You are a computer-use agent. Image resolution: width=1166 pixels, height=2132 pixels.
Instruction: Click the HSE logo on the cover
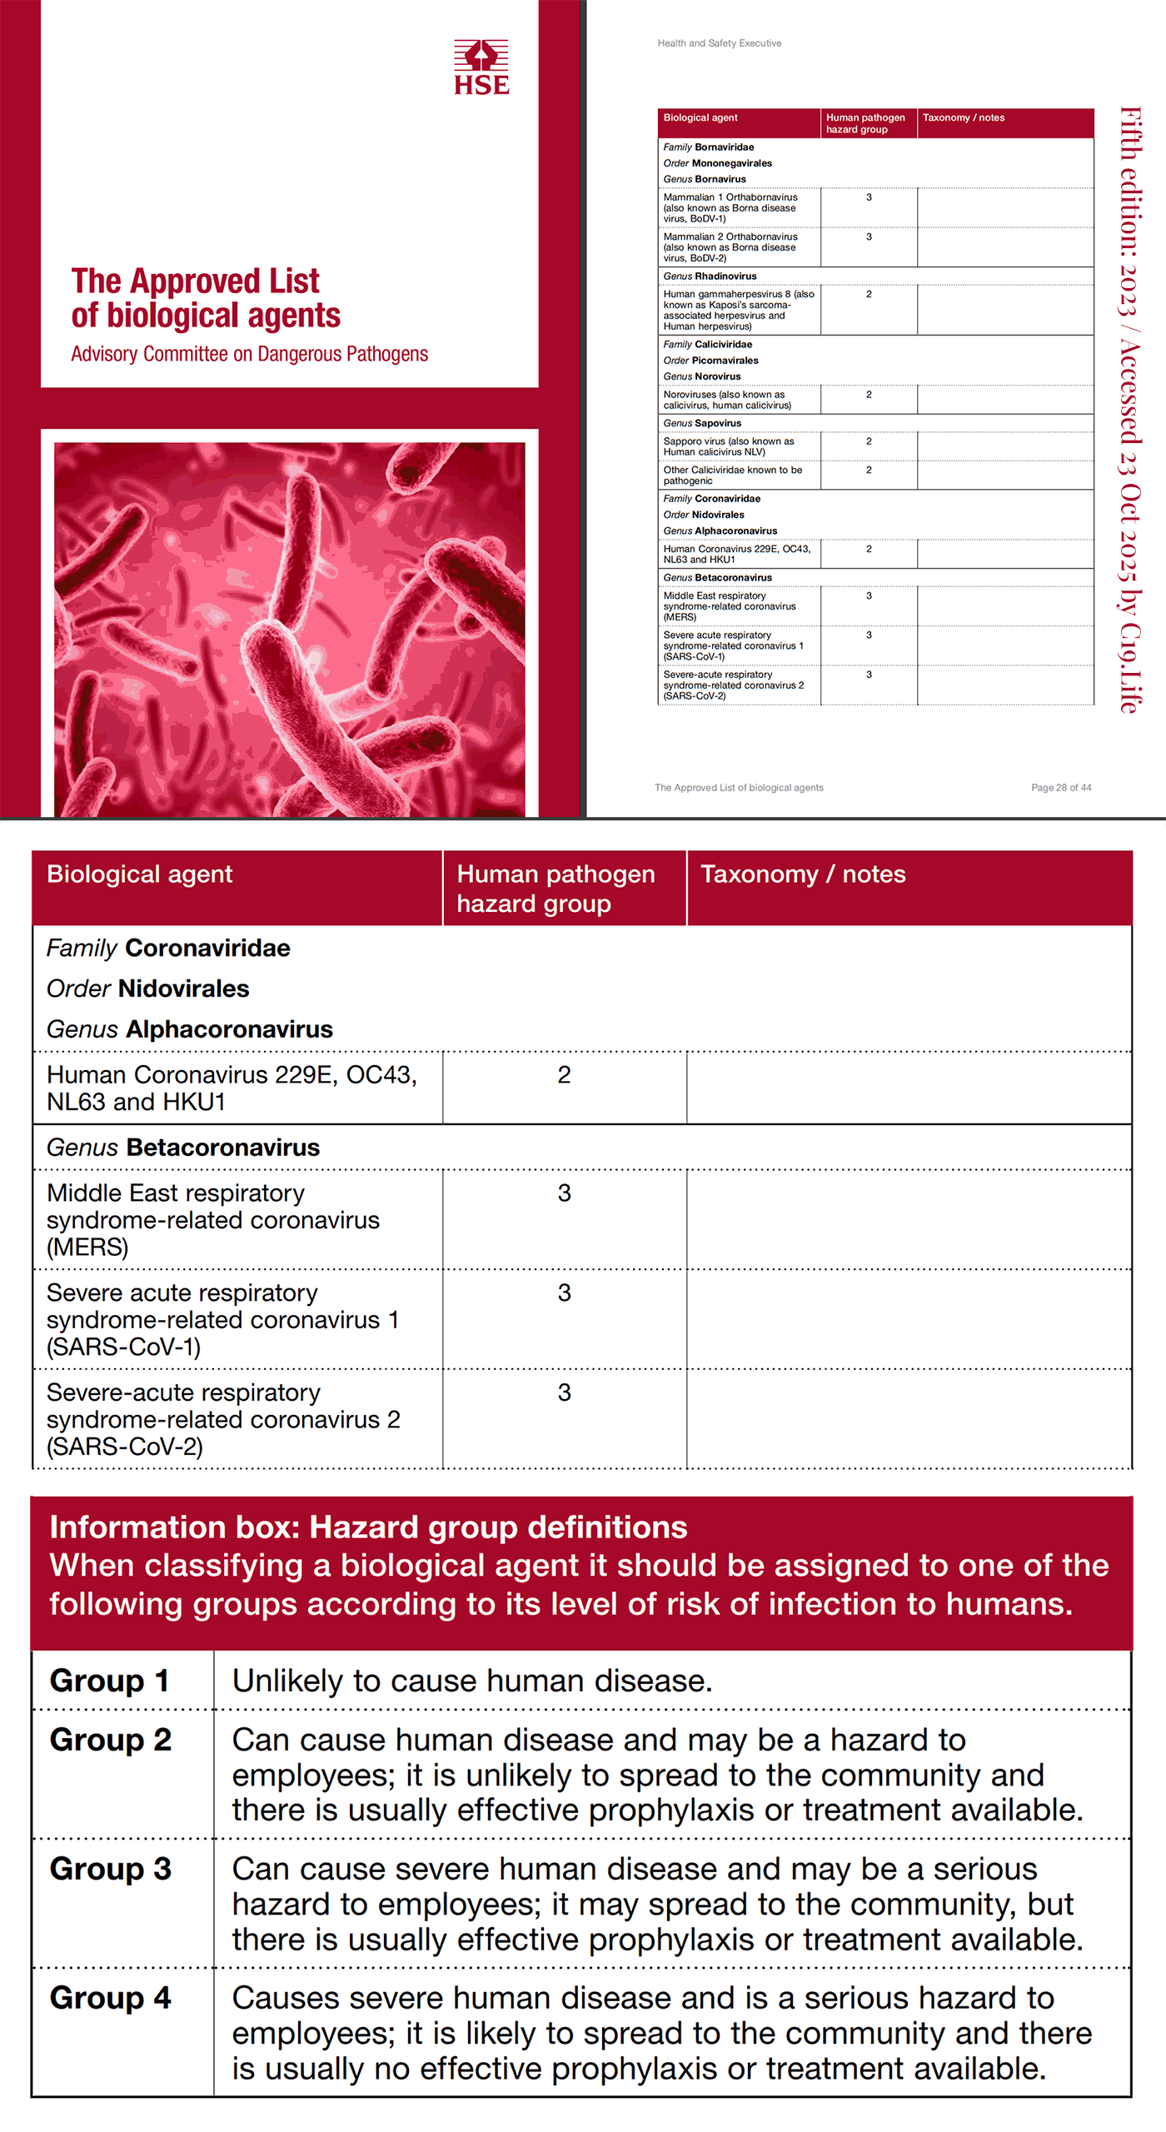(x=481, y=67)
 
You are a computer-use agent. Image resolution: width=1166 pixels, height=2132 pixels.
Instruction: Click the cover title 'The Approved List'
(x=195, y=281)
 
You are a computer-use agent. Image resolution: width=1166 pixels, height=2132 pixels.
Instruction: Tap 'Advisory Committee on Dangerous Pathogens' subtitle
(x=249, y=354)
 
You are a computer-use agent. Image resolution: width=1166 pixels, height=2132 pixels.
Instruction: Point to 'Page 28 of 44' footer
(x=1060, y=787)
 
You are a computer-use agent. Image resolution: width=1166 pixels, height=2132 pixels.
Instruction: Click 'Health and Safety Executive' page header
(x=719, y=43)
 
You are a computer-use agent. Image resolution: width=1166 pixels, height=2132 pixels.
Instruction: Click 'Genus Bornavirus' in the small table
(x=704, y=179)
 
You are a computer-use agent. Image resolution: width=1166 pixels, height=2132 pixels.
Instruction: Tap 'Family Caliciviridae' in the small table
(x=707, y=344)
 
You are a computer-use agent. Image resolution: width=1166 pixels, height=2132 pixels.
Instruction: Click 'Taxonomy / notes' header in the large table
(x=802, y=874)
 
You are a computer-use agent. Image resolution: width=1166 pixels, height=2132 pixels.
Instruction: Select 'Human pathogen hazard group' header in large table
(x=556, y=888)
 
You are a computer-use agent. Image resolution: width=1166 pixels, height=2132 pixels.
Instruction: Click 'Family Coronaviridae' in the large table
(x=168, y=948)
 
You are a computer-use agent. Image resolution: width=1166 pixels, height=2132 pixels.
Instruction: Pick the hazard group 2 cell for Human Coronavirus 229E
(x=564, y=1075)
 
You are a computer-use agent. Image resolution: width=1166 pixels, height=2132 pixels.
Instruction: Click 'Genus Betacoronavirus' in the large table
(x=182, y=1148)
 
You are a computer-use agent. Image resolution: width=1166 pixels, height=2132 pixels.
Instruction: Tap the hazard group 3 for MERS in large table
(x=564, y=1193)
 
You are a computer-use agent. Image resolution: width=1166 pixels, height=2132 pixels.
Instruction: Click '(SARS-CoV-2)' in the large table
(x=125, y=1447)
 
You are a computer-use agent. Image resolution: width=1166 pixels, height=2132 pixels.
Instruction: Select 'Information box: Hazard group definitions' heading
(x=368, y=1527)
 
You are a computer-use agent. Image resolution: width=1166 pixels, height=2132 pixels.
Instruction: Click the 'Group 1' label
(x=109, y=1681)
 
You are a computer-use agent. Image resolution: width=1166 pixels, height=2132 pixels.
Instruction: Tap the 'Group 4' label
(x=110, y=1998)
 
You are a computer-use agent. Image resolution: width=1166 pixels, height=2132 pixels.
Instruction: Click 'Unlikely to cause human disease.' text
(x=472, y=1681)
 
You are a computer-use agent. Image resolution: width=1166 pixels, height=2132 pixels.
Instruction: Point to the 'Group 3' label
(x=110, y=1869)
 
